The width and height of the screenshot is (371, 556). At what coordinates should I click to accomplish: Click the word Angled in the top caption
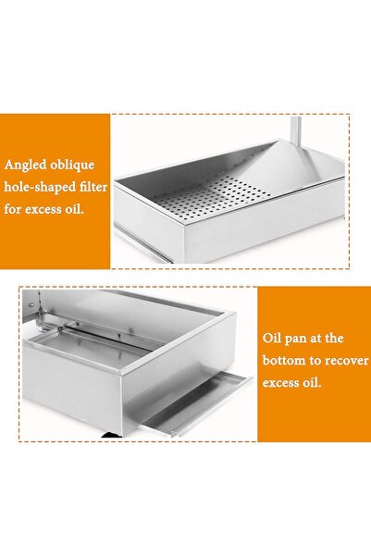[x=27, y=167]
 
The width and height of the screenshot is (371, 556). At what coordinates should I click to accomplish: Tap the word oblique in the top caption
[x=73, y=167]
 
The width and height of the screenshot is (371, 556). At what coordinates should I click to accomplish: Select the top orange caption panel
[x=56, y=190]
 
